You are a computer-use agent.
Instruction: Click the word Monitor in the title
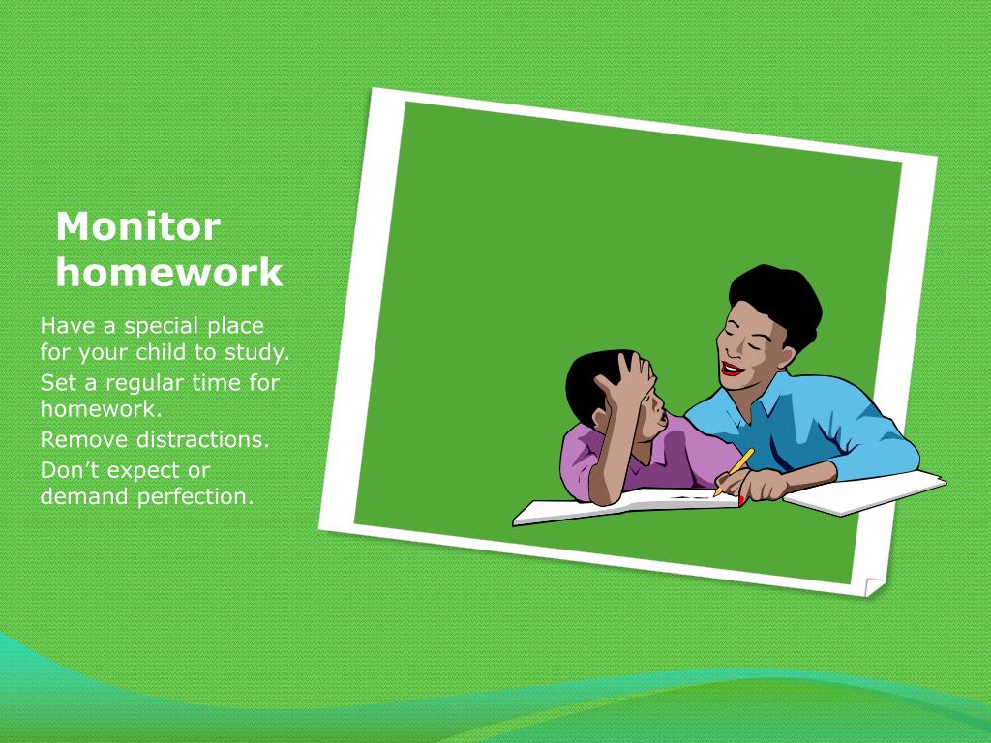137,227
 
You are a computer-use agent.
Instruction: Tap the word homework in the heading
168,273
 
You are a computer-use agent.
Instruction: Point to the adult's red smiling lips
733,369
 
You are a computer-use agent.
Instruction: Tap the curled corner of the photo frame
874,585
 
